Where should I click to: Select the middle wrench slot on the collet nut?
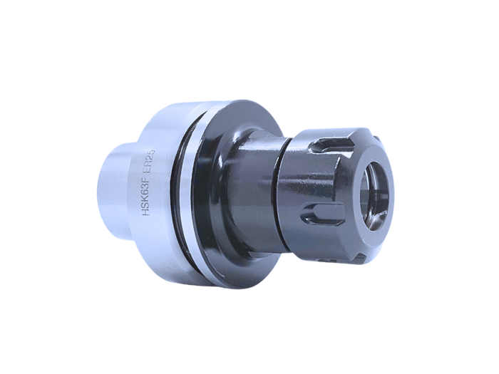click(x=318, y=212)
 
